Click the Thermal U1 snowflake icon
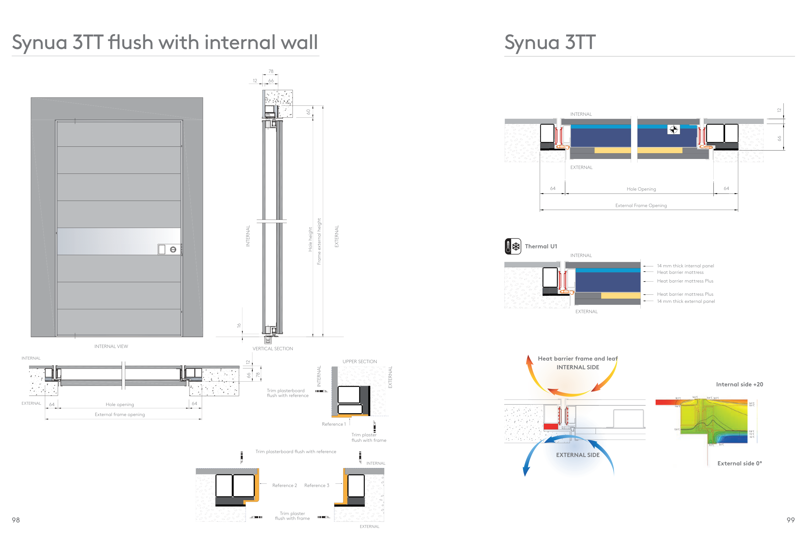point(513,246)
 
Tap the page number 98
point(15,520)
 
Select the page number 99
point(790,520)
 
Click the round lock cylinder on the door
point(173,249)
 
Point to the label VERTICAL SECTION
point(272,349)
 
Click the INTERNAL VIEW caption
point(111,346)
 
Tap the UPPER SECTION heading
point(359,362)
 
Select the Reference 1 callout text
point(334,424)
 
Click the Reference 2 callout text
point(284,485)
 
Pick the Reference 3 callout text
point(316,485)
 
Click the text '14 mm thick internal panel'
point(685,266)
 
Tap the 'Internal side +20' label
point(739,384)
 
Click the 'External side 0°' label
point(739,463)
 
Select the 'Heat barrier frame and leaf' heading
point(577,358)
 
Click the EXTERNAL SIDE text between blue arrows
point(577,455)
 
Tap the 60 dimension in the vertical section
point(308,112)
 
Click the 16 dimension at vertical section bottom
point(239,325)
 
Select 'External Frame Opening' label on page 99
point(641,205)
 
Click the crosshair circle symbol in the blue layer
point(673,129)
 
